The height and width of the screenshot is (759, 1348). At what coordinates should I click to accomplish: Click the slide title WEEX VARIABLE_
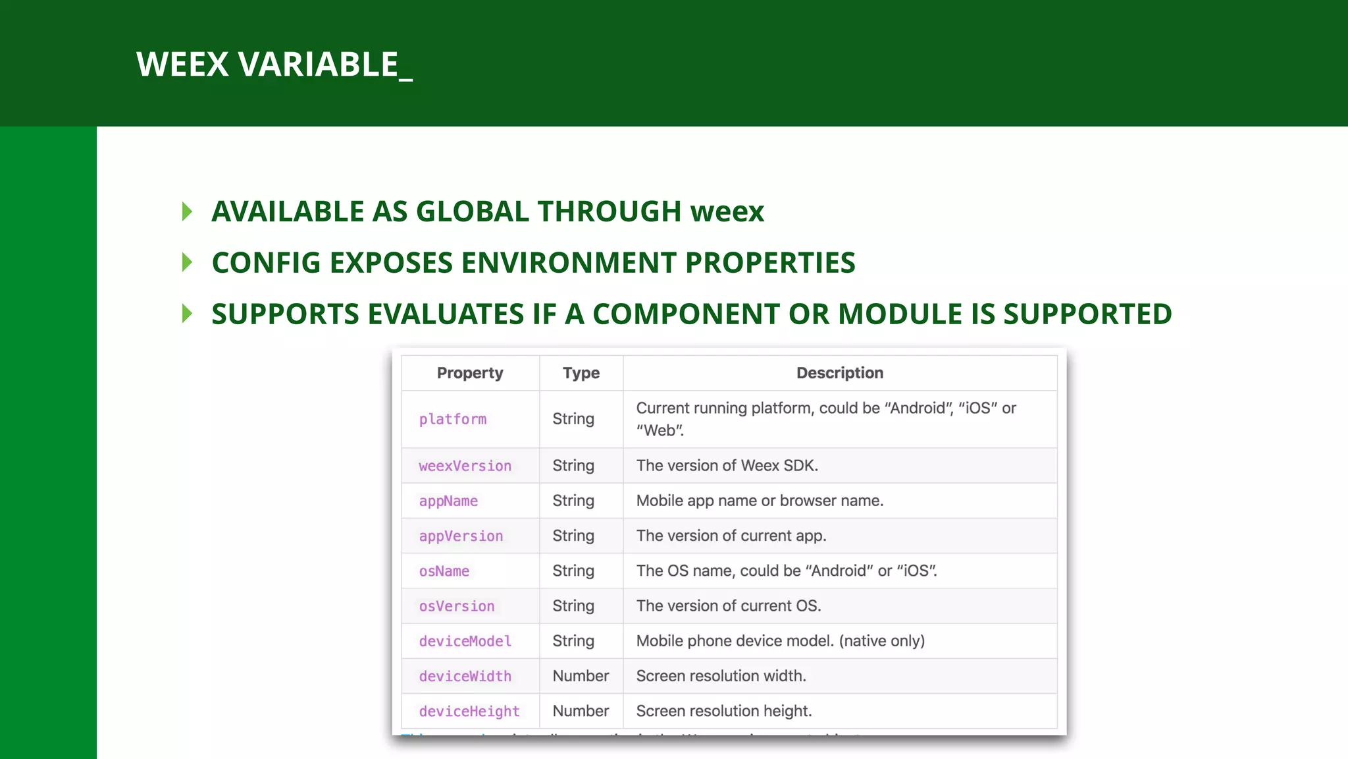pos(274,65)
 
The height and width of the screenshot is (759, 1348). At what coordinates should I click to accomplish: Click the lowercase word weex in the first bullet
pos(727,211)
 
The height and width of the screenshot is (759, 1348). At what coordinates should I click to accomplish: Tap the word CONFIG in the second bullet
pos(266,263)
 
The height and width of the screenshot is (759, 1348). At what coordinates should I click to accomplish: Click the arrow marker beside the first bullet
pos(187,211)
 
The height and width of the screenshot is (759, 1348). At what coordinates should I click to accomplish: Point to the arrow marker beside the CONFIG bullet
pos(187,263)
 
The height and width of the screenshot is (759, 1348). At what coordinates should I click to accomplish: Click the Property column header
pos(470,373)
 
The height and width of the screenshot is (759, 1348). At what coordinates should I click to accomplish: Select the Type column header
pos(581,373)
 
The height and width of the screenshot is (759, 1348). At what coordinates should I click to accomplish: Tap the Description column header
pos(840,373)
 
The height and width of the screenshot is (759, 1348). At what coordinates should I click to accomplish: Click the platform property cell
pos(453,420)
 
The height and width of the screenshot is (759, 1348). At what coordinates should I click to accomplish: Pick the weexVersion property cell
pos(465,466)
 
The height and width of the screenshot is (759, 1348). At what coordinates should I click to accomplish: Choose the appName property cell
pos(448,501)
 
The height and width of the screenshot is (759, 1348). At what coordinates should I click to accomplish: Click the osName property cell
pos(444,571)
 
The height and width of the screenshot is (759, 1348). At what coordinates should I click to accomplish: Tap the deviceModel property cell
pos(465,641)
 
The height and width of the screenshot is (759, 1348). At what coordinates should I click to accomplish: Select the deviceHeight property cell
pos(469,712)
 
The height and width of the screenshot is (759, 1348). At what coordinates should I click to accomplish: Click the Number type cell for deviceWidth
pos(581,676)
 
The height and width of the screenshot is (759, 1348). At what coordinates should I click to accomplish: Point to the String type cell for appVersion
pos(573,536)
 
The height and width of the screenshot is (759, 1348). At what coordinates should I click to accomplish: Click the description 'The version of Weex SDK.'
pos(727,466)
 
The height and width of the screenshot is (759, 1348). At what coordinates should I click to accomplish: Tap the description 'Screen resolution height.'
pos(724,711)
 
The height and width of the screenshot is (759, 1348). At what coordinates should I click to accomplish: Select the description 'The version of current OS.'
pos(729,606)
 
